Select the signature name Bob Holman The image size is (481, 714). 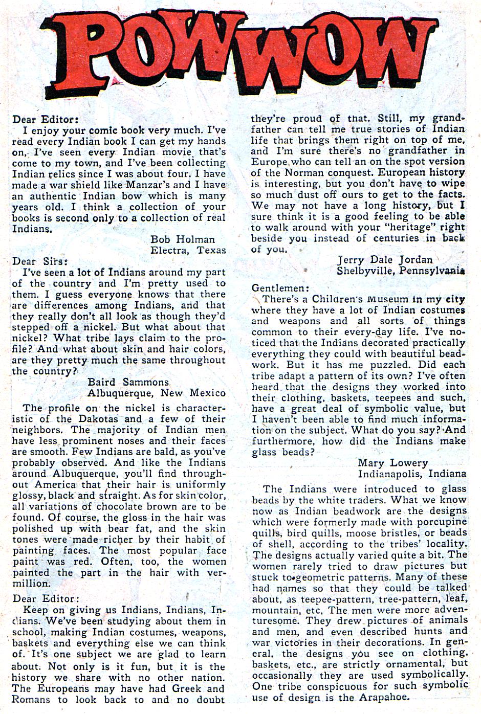183,239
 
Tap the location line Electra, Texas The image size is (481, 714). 188,250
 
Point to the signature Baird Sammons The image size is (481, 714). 128,382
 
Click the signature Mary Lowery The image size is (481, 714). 392,463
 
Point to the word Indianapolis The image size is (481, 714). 390,474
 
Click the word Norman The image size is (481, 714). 300,173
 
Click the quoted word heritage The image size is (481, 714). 414,228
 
